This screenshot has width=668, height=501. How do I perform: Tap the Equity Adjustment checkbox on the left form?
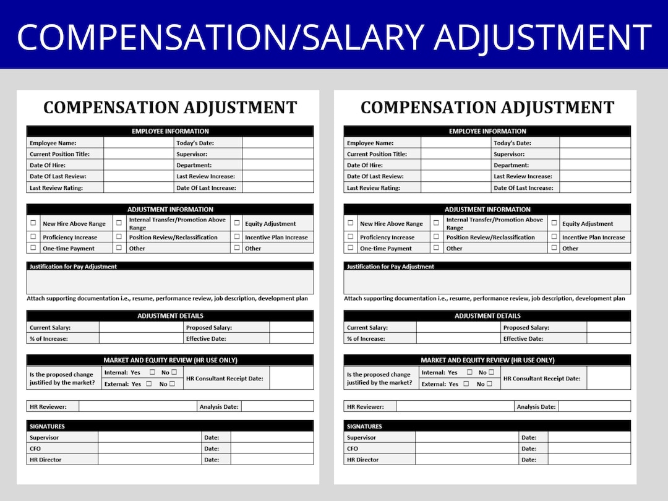pyautogui.click(x=237, y=223)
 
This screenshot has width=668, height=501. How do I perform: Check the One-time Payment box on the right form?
pyautogui.click(x=351, y=247)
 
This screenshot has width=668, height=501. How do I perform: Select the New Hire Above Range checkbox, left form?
pyautogui.click(x=33, y=223)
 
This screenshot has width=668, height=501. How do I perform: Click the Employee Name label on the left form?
pyautogui.click(x=52, y=143)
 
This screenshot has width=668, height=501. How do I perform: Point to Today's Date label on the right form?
pyautogui.click(x=512, y=143)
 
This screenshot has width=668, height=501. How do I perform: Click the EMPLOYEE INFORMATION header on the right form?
pyautogui.click(x=487, y=131)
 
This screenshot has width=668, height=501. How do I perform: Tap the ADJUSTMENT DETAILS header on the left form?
pyautogui.click(x=170, y=315)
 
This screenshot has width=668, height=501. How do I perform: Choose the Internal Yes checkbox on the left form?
pyautogui.click(x=152, y=372)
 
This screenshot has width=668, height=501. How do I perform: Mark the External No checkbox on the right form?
pyautogui.click(x=489, y=383)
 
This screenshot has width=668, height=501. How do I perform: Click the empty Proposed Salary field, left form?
pyautogui.click(x=291, y=327)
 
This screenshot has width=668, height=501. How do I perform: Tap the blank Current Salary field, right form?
pyautogui.click(x=458, y=327)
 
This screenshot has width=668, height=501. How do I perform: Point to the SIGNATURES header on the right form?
pyautogui.click(x=364, y=426)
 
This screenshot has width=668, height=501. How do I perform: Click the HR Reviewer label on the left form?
pyautogui.click(x=48, y=406)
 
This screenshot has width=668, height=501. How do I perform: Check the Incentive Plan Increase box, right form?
pyautogui.click(x=554, y=236)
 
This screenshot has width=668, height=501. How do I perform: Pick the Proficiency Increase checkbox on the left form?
pyautogui.click(x=33, y=236)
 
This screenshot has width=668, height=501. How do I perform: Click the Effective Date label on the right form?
pyautogui.click(x=523, y=338)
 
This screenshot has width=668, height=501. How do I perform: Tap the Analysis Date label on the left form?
pyautogui.click(x=219, y=406)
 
